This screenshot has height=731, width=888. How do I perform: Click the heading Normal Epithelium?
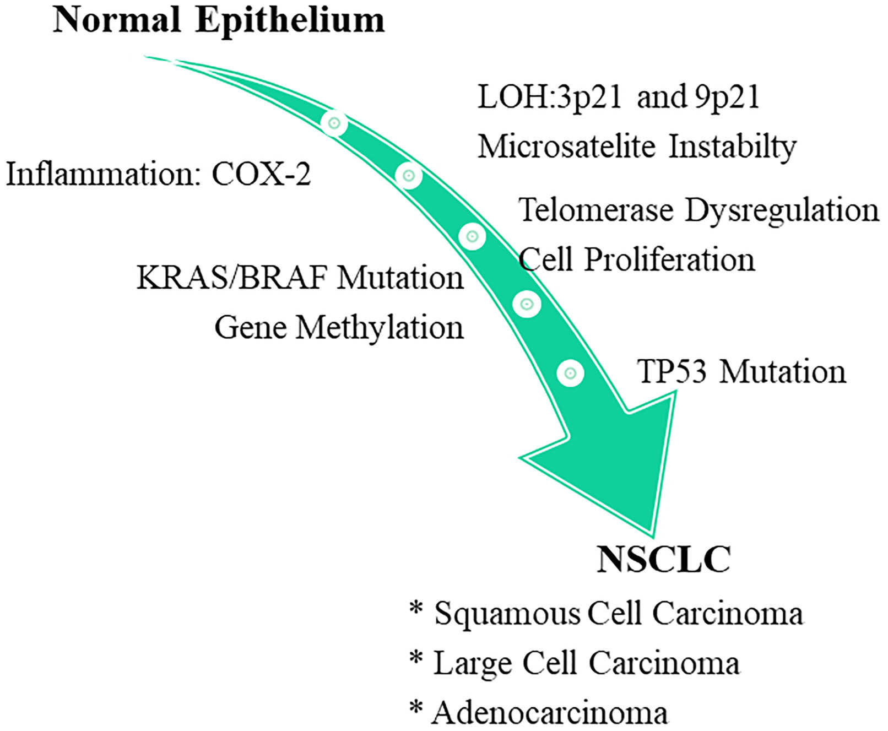click(218, 21)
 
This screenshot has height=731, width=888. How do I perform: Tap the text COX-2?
click(261, 175)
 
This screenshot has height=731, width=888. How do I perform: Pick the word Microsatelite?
click(566, 147)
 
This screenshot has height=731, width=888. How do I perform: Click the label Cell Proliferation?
click(637, 259)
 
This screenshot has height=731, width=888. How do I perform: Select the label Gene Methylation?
click(339, 328)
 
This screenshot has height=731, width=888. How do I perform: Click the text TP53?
click(672, 371)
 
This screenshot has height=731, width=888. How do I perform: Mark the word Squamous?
click(507, 614)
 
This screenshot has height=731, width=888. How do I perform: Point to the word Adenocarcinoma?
click(550, 713)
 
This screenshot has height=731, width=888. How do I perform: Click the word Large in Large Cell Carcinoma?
click(473, 663)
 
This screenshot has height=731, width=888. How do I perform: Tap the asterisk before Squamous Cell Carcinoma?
click(416, 609)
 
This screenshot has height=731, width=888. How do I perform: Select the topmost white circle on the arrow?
click(334, 123)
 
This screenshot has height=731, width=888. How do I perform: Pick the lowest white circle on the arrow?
click(570, 373)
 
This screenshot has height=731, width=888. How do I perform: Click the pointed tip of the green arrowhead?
click(653, 535)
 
